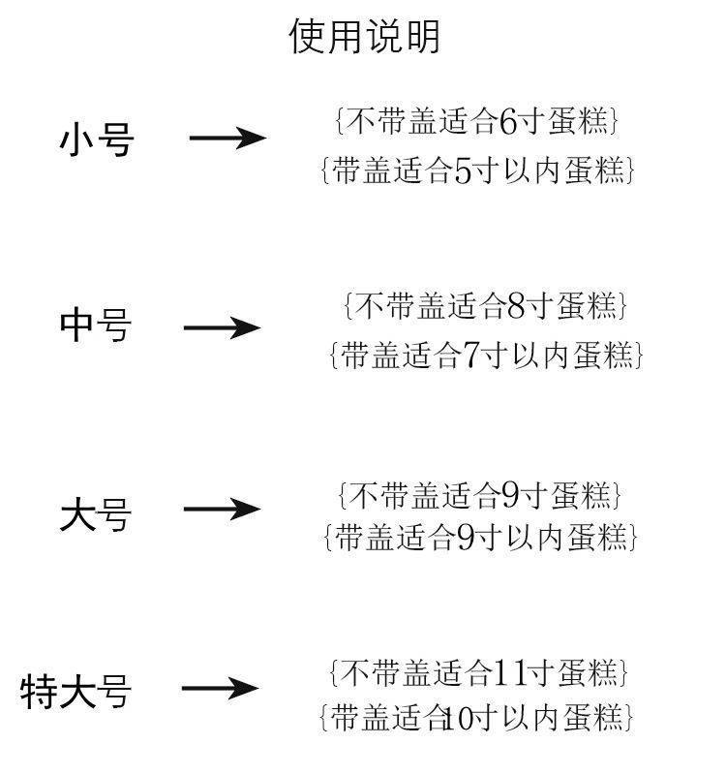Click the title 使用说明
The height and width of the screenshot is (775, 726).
click(364, 36)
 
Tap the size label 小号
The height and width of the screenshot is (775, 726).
click(97, 139)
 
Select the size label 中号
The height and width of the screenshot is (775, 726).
click(96, 325)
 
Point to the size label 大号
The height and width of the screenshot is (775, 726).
click(96, 514)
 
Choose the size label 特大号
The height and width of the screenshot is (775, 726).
click(76, 692)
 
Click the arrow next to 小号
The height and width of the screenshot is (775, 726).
click(228, 138)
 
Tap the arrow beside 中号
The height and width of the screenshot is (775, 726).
click(223, 327)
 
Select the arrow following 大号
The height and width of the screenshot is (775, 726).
click(223, 510)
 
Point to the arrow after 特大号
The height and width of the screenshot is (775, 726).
click(221, 688)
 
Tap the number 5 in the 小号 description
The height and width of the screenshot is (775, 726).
click(463, 171)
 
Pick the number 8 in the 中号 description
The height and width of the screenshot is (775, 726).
click(516, 306)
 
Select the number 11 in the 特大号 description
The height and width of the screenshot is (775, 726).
click(510, 673)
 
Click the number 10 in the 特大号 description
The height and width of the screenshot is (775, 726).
click(459, 719)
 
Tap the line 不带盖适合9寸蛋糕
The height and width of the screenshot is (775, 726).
click(479, 496)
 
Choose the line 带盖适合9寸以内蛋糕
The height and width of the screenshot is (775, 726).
click(480, 538)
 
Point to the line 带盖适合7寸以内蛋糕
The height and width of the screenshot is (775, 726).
click(487, 356)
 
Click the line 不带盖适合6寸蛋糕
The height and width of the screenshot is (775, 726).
click(477, 120)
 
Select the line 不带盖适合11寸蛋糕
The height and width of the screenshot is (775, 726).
click(478, 673)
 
